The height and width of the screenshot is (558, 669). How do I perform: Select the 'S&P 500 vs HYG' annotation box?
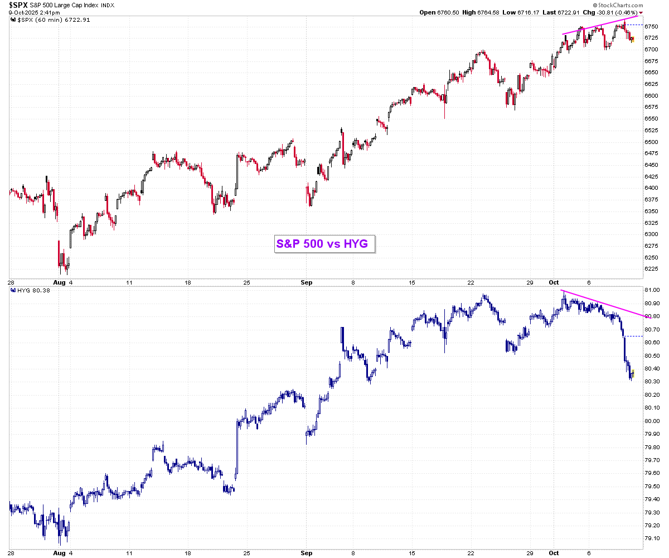(x=325, y=243)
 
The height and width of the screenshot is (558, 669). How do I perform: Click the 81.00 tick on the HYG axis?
(x=652, y=290)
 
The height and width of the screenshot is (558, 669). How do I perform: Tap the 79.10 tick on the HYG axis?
(x=652, y=538)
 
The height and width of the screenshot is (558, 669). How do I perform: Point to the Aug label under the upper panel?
(x=60, y=283)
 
